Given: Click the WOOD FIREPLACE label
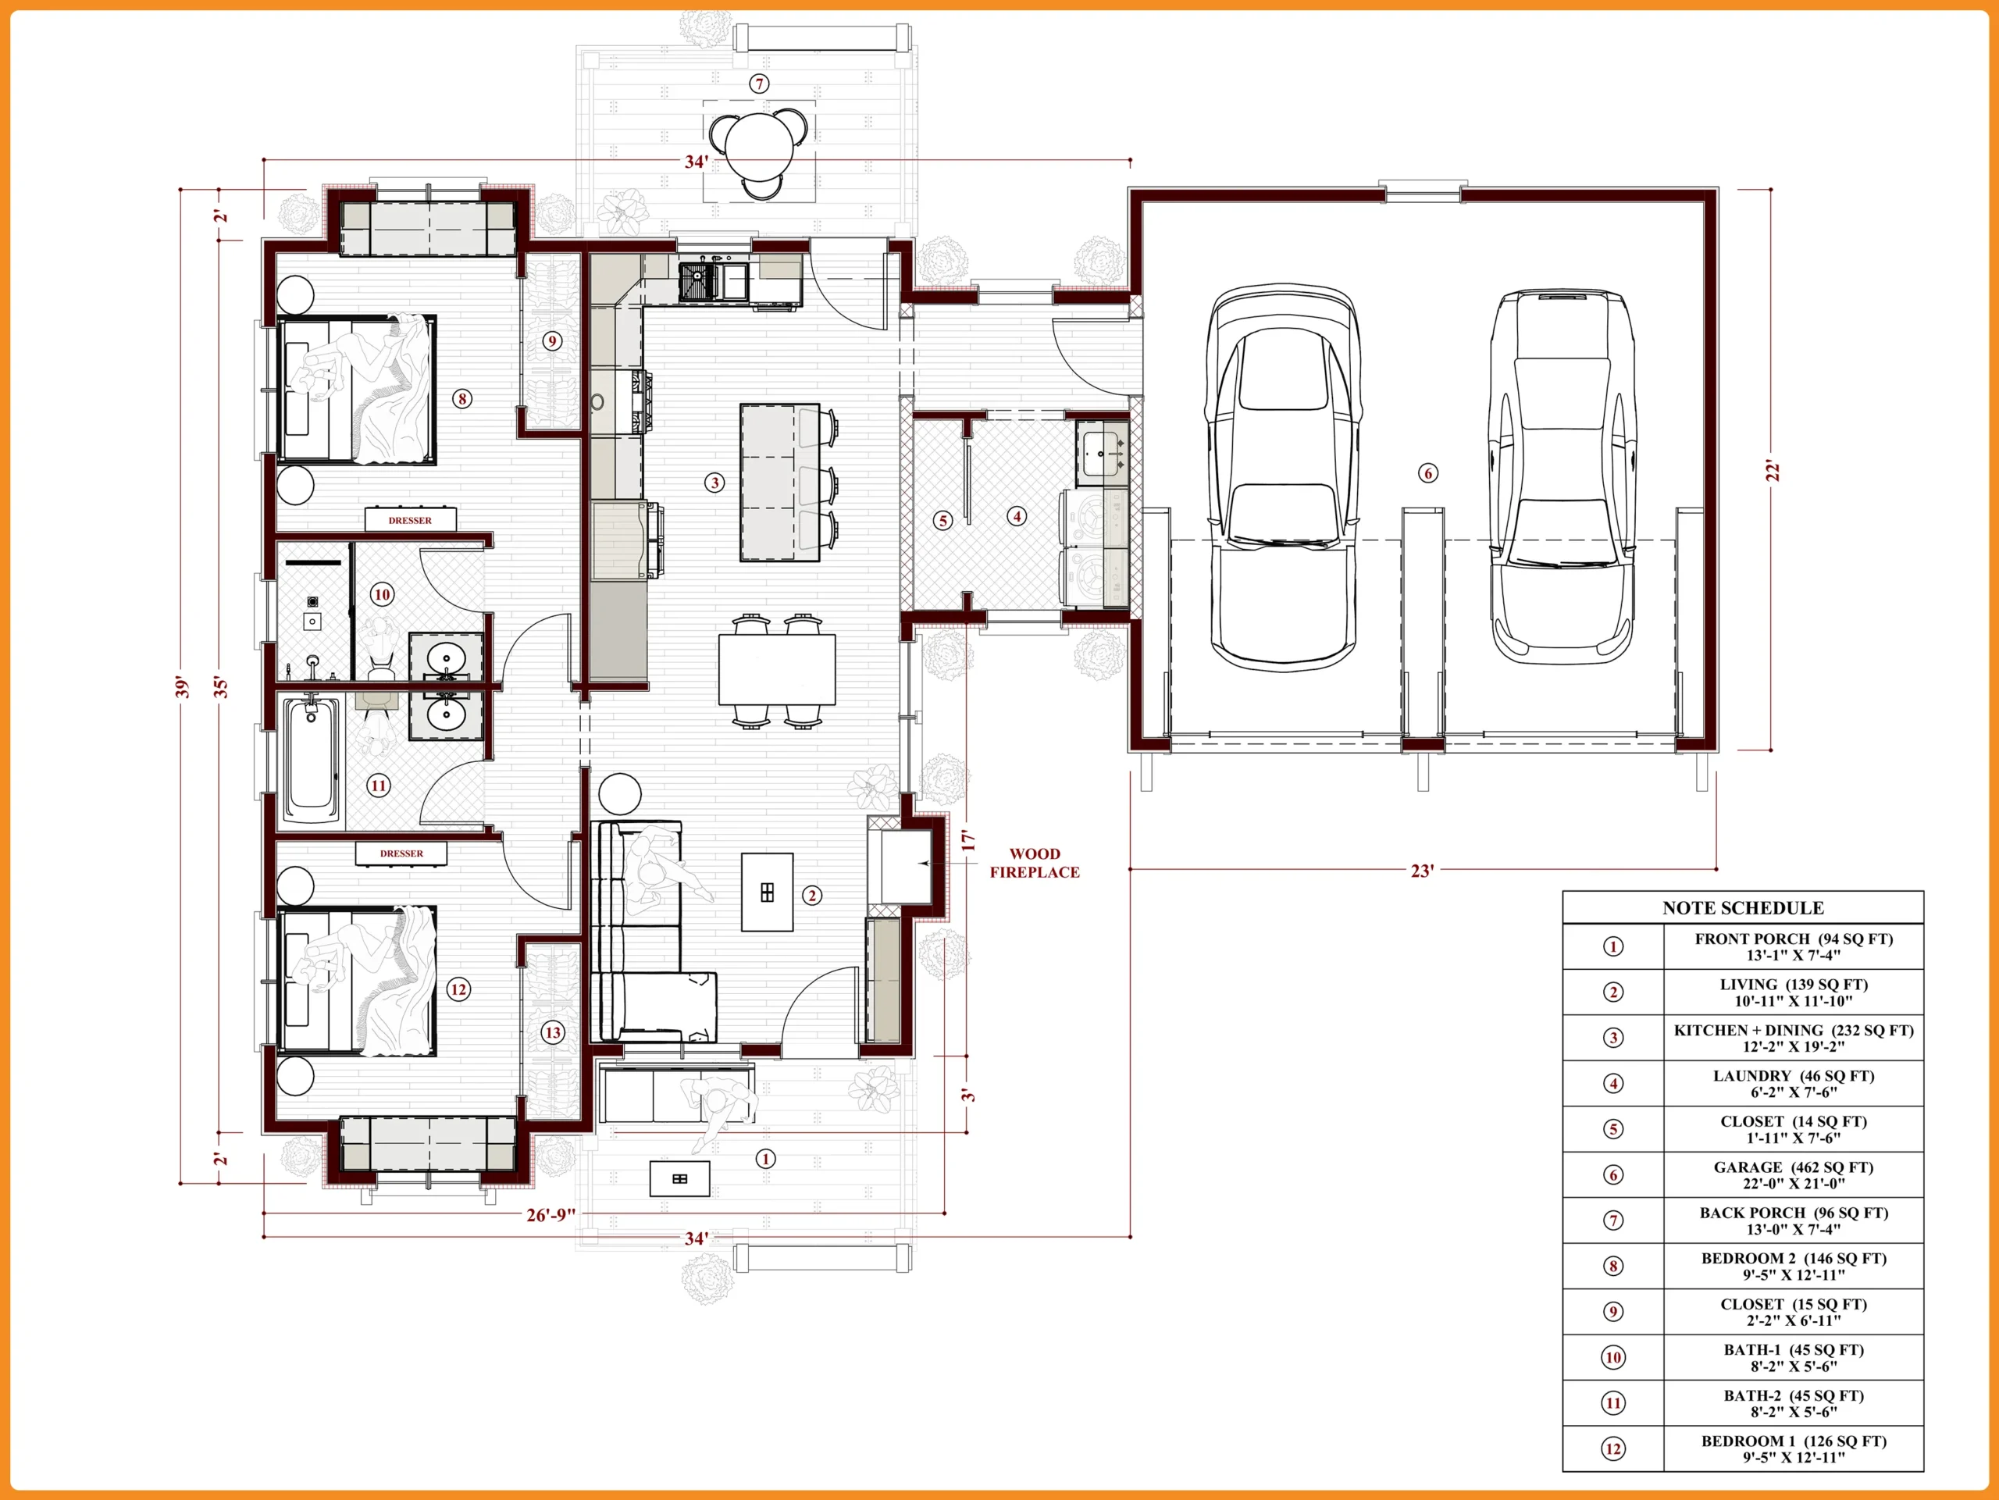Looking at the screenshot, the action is pos(1034,863).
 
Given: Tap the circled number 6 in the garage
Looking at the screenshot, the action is pos(1428,472).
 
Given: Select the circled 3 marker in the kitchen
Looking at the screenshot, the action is pos(714,483).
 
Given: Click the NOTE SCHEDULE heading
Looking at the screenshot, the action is pos(1742,908).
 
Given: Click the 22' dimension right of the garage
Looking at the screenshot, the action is pos(1773,471).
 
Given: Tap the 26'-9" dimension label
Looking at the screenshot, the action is pos(551,1214).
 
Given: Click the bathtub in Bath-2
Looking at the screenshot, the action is pos(311,759).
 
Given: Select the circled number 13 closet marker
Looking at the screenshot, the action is pos(552,1032).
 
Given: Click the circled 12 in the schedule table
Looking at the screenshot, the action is pos(1613,1449).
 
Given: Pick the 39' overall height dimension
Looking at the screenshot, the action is pos(183,686).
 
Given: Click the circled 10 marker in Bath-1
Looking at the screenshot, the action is pos(383,594).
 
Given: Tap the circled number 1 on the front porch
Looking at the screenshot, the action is pos(765,1159).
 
